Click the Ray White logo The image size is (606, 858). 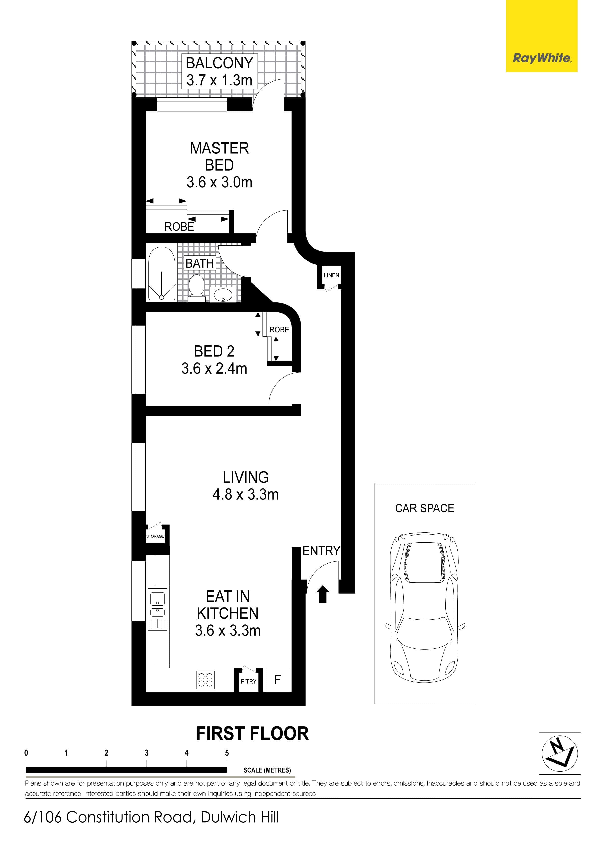pos(542,58)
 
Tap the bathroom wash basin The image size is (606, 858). pos(223,294)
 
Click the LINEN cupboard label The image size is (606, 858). pos(331,275)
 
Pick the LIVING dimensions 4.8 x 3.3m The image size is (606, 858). pos(246,494)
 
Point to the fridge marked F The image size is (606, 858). pos(277,680)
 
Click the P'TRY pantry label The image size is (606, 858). pos(249,682)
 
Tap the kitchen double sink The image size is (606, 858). pos(158,609)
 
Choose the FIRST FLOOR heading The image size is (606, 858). pos(253,733)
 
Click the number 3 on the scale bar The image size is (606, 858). pos(147,753)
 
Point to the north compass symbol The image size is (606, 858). pos(560,753)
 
